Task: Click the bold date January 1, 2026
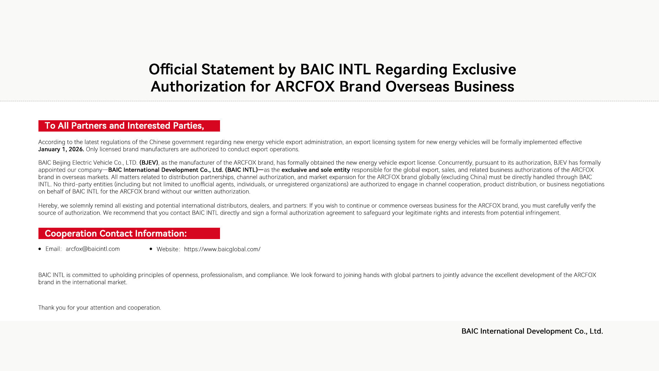click(61, 149)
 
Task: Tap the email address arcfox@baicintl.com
click(93, 249)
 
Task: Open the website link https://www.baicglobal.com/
click(222, 249)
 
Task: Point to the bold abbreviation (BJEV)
click(149, 163)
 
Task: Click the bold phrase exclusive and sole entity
click(315, 170)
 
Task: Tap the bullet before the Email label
click(40, 249)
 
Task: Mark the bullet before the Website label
click(151, 249)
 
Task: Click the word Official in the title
click(173, 69)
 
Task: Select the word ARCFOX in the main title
click(304, 87)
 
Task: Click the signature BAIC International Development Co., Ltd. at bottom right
click(532, 331)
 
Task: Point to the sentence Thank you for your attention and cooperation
click(100, 308)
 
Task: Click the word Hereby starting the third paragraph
click(48, 206)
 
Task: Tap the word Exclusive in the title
click(484, 69)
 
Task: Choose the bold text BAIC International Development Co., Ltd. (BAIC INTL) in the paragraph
click(183, 170)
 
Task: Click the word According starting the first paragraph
click(51, 142)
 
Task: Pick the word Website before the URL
click(167, 249)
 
